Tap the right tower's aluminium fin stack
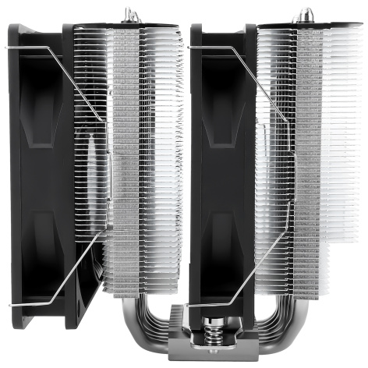tap(312, 156)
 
